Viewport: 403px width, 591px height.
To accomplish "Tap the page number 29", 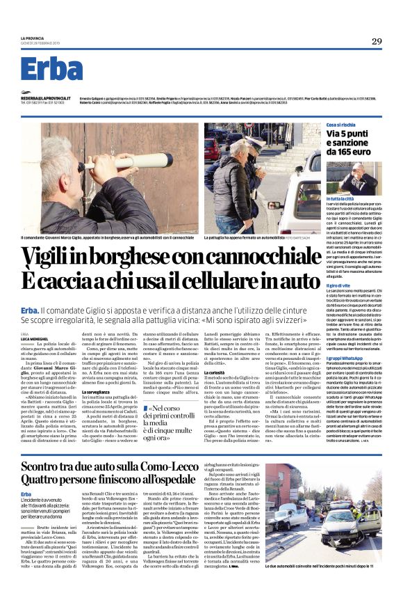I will (x=376, y=41).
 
